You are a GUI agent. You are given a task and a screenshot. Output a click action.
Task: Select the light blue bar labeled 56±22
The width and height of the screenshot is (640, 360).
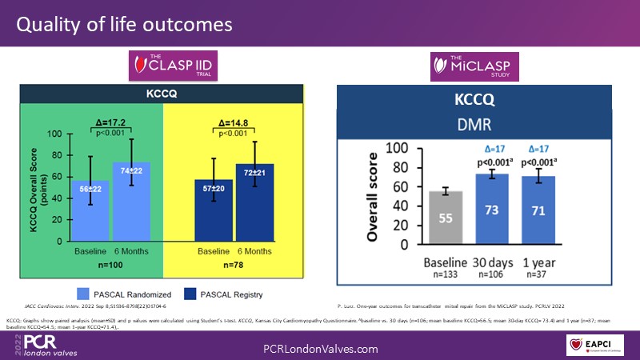coord(90,208)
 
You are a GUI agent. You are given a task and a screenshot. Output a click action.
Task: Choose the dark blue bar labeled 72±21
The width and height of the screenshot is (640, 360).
coord(254,200)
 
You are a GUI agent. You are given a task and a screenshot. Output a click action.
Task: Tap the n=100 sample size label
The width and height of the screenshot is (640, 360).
coord(110,263)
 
